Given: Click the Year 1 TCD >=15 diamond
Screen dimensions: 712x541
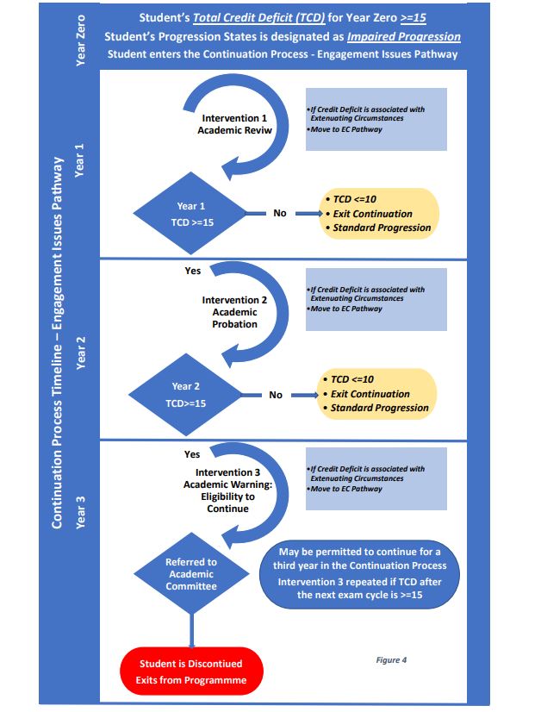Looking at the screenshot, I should coord(191,215).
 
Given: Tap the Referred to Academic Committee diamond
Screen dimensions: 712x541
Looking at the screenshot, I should coord(190,574).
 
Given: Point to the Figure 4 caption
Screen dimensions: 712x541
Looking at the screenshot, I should coord(391,659).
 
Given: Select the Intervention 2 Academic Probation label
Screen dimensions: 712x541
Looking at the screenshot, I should coord(234,312).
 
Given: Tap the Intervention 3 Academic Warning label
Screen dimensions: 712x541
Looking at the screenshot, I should coord(227,490).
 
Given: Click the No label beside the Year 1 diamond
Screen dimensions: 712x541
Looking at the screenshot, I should coord(280,213).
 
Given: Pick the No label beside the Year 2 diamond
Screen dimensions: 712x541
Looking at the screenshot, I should coord(276,395).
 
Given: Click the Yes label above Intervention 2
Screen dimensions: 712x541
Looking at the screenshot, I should coord(193,271).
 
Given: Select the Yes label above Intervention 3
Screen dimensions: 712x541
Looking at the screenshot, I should coord(192,454).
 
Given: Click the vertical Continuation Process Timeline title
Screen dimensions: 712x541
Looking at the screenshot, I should coord(58,342).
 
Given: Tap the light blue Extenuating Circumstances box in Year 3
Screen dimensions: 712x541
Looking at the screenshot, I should coord(376,478).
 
